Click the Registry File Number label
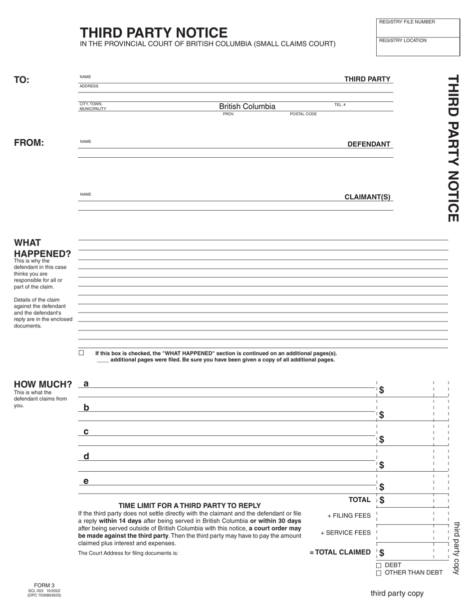point(407,22)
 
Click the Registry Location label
point(403,40)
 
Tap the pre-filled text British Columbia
point(247,106)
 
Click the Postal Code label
point(303,114)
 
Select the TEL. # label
point(340,105)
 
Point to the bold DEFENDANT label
point(369,144)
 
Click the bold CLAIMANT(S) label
point(367,197)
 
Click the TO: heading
point(21,80)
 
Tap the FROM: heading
point(29,143)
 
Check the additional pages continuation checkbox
point(81,353)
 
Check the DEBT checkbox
point(379,566)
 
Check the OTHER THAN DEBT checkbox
point(379,573)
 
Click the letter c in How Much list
point(86,431)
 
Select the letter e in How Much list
point(86,481)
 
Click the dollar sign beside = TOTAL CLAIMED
point(382,553)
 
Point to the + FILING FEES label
point(349,516)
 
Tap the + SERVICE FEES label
point(345,533)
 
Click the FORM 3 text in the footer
point(44,586)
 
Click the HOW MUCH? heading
point(43,384)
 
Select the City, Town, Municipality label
point(93,106)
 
